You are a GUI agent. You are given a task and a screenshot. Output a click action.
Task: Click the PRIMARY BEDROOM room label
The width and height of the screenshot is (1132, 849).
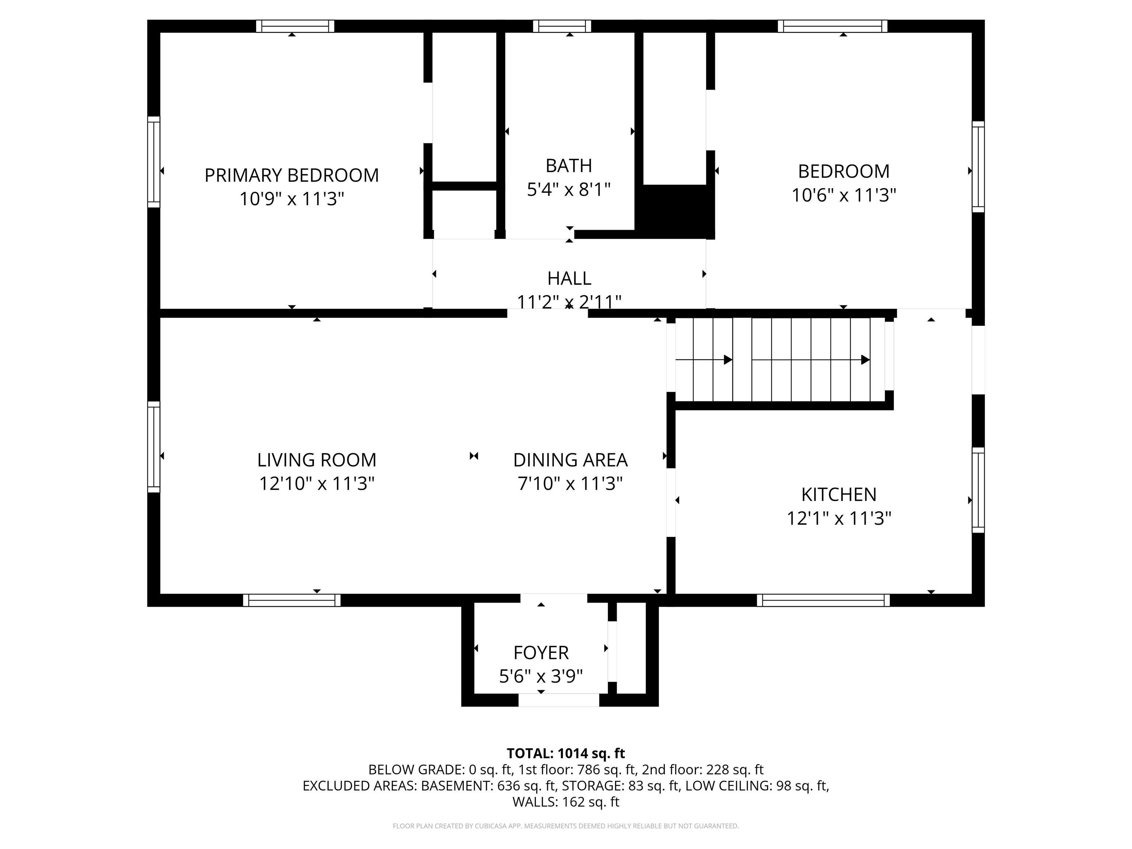tap(292, 175)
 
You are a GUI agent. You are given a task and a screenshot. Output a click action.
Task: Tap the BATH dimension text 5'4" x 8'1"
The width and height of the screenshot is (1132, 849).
tap(569, 190)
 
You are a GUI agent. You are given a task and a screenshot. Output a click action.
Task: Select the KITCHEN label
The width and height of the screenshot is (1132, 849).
tap(839, 495)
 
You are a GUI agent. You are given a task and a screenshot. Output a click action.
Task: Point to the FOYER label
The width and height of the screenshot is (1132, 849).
tap(541, 653)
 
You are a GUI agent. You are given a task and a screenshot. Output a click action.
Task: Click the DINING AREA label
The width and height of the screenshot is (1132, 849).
tap(570, 460)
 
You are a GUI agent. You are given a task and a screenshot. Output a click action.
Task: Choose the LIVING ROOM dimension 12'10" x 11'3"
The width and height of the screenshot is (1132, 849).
tap(317, 483)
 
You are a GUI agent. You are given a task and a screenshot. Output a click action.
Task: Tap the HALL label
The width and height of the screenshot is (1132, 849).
tap(569, 279)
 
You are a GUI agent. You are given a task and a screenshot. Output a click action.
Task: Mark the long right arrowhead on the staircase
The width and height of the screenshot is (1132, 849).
tap(865, 360)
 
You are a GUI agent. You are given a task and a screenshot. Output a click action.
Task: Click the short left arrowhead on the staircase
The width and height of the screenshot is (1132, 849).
tap(728, 360)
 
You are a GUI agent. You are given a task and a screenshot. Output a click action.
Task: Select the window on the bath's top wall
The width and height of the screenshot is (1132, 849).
tap(562, 26)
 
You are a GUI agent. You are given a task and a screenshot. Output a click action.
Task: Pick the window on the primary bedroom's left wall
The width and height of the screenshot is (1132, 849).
tap(154, 162)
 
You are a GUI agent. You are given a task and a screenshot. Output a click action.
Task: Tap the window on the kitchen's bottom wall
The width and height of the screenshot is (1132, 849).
tap(824, 600)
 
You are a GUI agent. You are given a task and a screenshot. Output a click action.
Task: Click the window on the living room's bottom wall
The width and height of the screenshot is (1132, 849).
tap(292, 600)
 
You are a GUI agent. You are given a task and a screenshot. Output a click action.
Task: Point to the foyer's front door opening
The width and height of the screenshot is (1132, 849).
tap(559, 700)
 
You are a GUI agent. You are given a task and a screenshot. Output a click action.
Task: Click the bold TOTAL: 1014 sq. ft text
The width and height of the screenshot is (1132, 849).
tap(566, 753)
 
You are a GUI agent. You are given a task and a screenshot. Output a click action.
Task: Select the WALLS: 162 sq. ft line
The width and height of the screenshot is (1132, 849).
tap(566, 802)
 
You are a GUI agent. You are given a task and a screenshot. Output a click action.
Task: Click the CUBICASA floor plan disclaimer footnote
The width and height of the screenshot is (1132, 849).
tap(566, 826)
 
